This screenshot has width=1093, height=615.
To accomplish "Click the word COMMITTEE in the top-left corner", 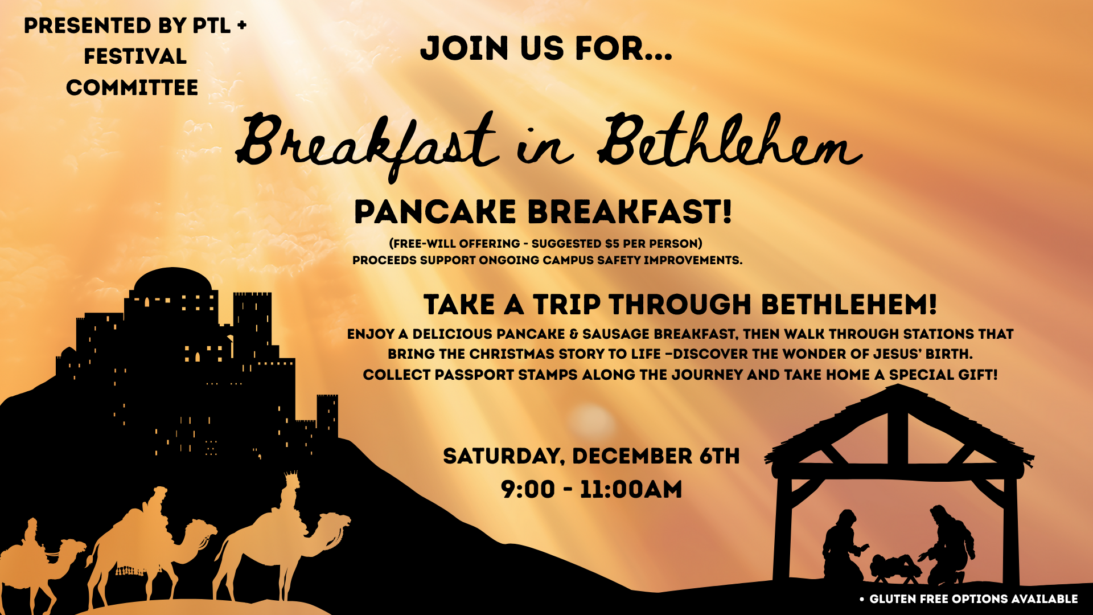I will click(x=132, y=88).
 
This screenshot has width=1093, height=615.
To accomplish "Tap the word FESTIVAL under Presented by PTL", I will click(x=135, y=56).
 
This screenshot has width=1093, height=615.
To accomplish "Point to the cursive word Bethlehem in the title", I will click(x=729, y=142).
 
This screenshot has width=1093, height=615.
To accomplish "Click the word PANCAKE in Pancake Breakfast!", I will click(x=435, y=212).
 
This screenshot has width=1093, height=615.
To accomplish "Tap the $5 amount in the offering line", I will click(x=612, y=244).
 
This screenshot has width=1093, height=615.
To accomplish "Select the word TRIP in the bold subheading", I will click(x=566, y=305).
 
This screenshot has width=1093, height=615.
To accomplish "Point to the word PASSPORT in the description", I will click(x=471, y=375).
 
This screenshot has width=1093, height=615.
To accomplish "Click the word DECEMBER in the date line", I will click(x=632, y=456).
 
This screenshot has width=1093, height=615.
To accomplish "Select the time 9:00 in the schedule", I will click(x=528, y=489).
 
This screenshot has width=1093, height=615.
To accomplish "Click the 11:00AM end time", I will click(x=631, y=489).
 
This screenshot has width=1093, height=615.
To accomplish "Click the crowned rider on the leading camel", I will click(x=290, y=495).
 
